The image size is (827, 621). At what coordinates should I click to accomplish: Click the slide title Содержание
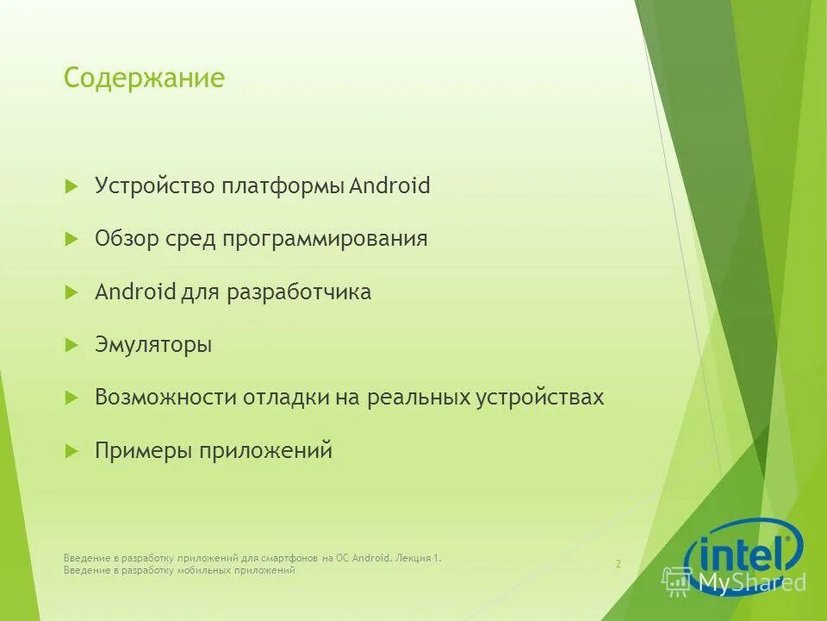coord(144,78)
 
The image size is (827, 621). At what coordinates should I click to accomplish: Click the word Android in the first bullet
coord(389,185)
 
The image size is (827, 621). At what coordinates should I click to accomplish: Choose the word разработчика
coord(299,292)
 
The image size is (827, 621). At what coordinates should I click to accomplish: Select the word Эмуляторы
coord(153,345)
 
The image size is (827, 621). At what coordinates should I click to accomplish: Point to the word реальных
coord(419,398)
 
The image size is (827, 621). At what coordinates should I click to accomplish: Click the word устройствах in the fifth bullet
coord(540,398)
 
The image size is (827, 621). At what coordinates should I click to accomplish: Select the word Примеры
coord(144,451)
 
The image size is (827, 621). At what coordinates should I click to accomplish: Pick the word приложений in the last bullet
coord(266,451)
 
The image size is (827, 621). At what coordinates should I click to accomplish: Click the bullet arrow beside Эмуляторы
coord(72,345)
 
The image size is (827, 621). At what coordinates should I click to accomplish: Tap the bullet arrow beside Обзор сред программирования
coord(72,239)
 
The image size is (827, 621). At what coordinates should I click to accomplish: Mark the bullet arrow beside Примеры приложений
coord(72,450)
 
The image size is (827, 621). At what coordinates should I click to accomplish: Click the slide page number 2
coord(618,564)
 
